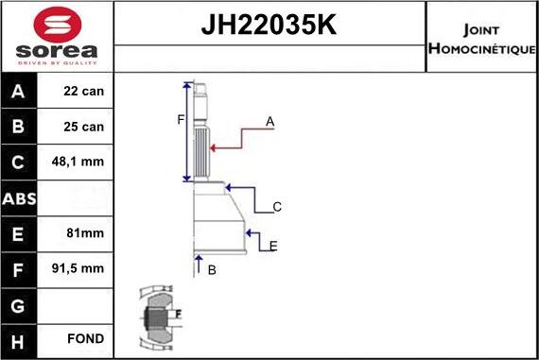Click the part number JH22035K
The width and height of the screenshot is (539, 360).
coord(269,25)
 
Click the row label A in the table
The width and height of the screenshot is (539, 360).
coord(19,92)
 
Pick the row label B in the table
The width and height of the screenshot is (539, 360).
coord(19,127)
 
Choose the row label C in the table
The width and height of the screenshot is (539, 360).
coord(19,162)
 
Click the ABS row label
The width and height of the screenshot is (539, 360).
coord(19,197)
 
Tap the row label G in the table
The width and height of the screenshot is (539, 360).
coord(19,304)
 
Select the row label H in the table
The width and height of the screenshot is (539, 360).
coord(19,339)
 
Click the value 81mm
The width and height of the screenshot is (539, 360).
coord(85,232)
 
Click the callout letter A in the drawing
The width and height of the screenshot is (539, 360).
coord(269,121)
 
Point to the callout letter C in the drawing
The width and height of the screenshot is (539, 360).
coord(277,206)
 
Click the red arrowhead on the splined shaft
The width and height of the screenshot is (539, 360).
coord(214,147)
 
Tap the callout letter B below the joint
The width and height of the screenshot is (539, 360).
coord(212,270)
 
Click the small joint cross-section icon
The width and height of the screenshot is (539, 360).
coord(157,317)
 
